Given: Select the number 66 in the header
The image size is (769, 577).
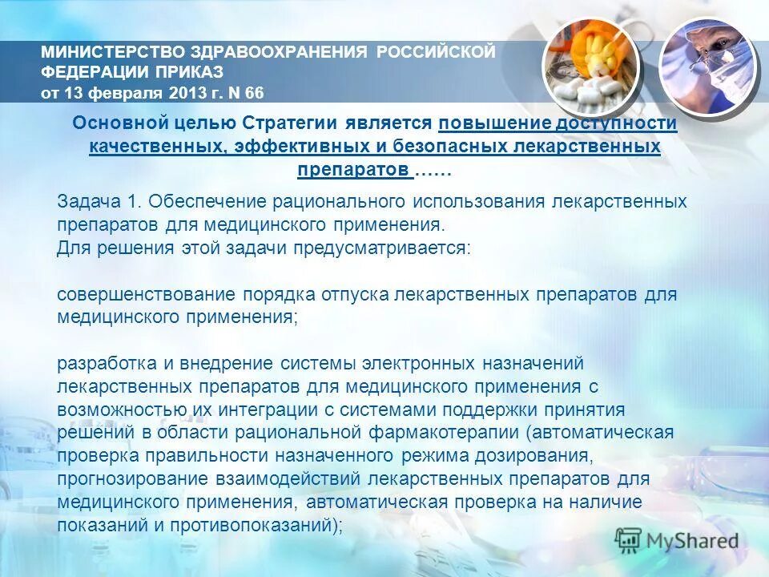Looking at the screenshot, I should (x=254, y=92).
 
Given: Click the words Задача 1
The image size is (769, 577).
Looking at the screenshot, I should (x=98, y=200).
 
